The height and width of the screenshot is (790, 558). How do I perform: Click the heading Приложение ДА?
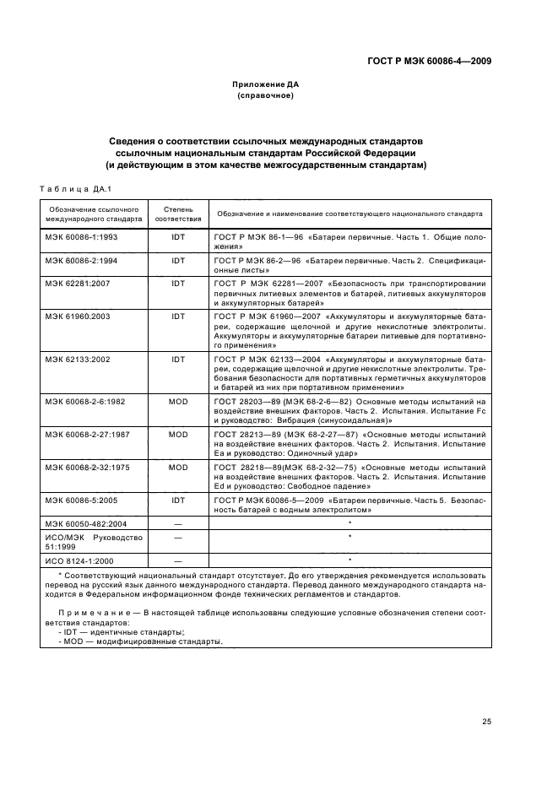coord(266,85)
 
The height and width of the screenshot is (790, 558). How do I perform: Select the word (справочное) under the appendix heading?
coord(266,96)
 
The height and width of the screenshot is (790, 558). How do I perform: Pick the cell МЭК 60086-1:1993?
coord(82,237)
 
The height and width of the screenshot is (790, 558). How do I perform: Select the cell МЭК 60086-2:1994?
coord(82,261)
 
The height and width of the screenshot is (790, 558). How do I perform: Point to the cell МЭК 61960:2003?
coord(79,315)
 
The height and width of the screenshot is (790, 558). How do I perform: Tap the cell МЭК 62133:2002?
coord(79,359)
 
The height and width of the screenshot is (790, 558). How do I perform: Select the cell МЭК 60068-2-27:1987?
coord(84,434)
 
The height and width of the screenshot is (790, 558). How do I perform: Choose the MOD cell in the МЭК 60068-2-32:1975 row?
coord(178,466)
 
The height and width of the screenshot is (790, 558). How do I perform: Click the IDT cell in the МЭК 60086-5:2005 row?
coord(178,498)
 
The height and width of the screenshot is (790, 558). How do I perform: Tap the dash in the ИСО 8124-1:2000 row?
coord(178,560)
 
